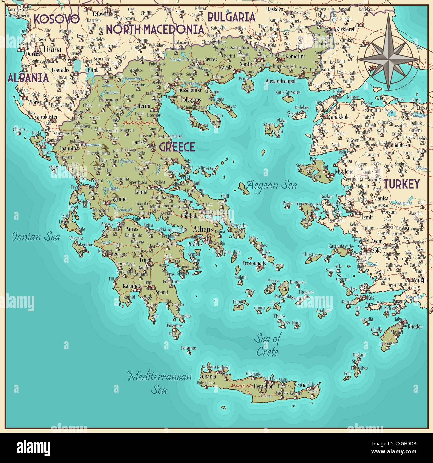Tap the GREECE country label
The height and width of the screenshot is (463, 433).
click(177, 147)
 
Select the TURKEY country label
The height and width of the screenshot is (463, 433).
click(401, 184)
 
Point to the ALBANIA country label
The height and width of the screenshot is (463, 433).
click(28, 78)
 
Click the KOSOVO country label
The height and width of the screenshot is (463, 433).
click(57, 19)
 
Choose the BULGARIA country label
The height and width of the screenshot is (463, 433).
click(231, 17)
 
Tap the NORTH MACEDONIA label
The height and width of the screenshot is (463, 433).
click(155, 29)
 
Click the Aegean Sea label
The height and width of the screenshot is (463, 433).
click(272, 185)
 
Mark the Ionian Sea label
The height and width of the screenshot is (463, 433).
click(36, 237)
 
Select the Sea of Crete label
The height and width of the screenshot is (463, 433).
click(267, 345)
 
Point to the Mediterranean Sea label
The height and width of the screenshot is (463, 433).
click(160, 383)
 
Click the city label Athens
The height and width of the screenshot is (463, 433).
click(203, 229)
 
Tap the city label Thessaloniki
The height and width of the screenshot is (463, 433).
click(188, 90)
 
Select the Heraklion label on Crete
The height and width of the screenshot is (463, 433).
click(263, 387)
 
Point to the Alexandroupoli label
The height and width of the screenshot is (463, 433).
click(281, 81)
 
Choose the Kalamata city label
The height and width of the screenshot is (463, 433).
click(133, 286)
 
